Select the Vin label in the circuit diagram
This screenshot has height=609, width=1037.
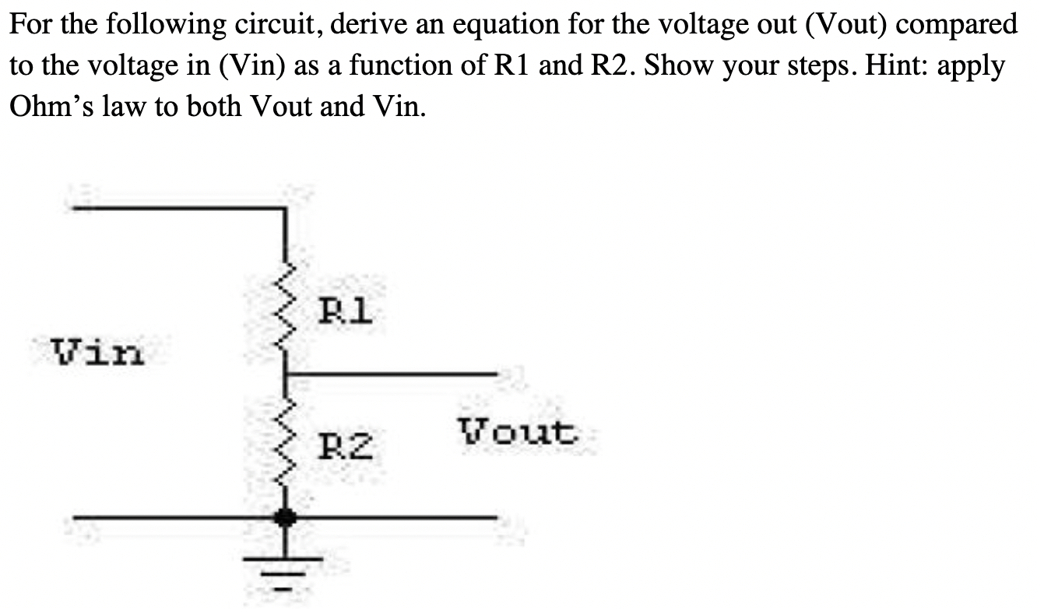97,352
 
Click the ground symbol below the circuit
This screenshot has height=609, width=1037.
287,569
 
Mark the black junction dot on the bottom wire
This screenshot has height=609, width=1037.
287,516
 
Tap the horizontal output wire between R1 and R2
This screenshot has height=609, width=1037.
389,375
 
